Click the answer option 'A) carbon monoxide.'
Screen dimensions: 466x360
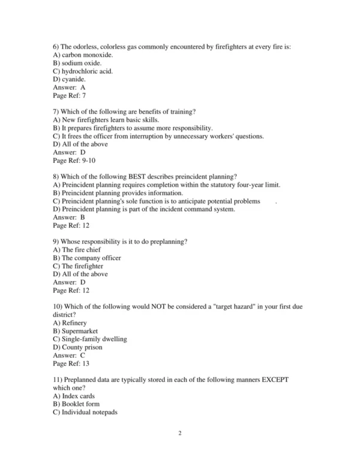click(83, 55)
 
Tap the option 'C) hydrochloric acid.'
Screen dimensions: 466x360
click(83, 71)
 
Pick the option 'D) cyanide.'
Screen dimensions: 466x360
click(69, 79)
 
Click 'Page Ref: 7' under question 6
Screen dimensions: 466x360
click(69, 95)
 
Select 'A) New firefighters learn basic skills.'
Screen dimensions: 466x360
click(106, 120)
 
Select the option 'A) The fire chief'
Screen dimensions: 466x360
click(77, 250)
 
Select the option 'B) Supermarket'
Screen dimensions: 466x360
click(76, 331)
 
